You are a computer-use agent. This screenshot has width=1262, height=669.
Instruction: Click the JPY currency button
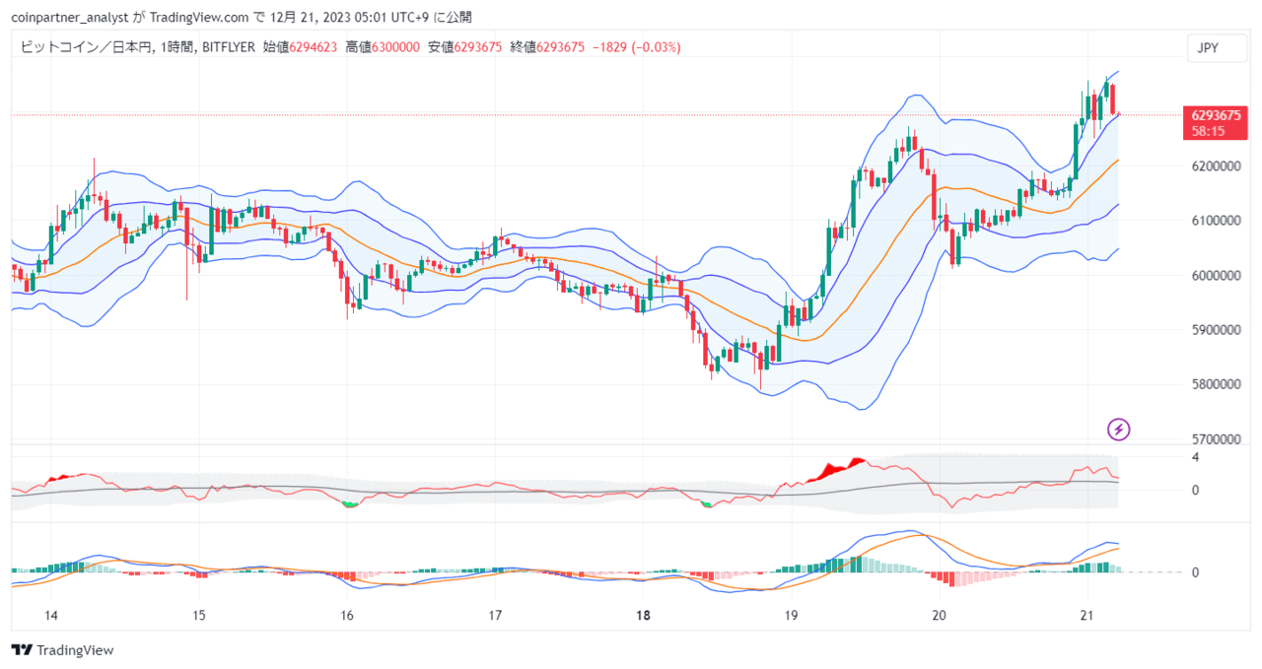coord(1217,48)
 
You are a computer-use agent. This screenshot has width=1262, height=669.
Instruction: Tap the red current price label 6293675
coord(1216,115)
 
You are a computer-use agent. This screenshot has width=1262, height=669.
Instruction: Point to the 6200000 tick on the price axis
coord(1216,167)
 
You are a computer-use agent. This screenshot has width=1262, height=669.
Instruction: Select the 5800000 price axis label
coord(1216,384)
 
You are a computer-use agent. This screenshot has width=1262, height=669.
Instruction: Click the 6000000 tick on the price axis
coord(1216,275)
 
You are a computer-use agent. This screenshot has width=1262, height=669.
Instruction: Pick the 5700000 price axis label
coord(1216,439)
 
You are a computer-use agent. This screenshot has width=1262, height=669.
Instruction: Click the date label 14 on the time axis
coord(50,616)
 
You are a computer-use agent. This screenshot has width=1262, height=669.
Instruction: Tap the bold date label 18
coord(643,616)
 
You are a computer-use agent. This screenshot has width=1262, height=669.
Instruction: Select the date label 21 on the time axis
coord(1087,616)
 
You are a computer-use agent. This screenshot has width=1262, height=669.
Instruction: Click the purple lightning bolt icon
coord(1118,430)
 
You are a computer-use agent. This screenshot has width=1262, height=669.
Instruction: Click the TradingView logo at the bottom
coord(62,650)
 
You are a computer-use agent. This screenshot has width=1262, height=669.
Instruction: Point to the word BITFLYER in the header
coord(228,47)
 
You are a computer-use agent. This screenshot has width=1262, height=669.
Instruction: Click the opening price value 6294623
coord(313,47)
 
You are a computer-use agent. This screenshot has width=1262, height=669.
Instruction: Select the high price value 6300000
coord(395,47)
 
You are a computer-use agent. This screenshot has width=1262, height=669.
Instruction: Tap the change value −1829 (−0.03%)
coord(637,47)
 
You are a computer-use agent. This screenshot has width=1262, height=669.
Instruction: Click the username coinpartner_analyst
coord(70,18)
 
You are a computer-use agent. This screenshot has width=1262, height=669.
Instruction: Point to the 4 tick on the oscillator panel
coord(1195,457)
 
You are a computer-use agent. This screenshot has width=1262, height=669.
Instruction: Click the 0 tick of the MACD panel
coord(1195,572)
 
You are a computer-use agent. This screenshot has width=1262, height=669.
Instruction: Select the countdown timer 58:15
coord(1208,132)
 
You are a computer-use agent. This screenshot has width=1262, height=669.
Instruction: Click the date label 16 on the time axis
coord(347,616)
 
